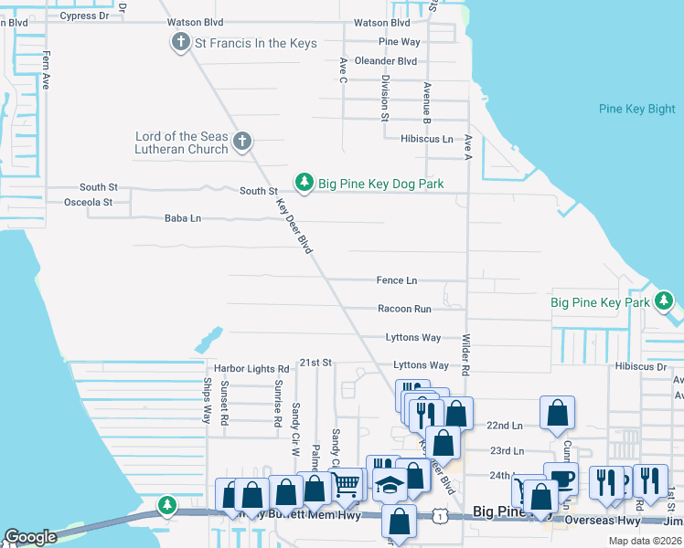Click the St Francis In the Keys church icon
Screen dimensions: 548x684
click(x=179, y=43)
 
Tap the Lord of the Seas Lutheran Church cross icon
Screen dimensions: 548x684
click(x=241, y=141)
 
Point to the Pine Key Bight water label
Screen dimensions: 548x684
click(x=636, y=109)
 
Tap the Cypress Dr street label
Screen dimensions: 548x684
click(x=83, y=16)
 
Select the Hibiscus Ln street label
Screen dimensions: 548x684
click(x=426, y=139)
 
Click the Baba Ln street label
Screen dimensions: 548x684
click(x=182, y=218)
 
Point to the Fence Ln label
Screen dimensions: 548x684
click(x=396, y=280)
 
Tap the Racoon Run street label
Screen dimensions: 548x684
click(x=404, y=309)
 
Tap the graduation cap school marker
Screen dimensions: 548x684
click(x=390, y=486)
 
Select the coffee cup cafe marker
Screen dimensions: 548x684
click(x=561, y=478)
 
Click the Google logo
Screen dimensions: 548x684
click(x=30, y=537)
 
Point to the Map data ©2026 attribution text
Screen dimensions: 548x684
click(x=644, y=541)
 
